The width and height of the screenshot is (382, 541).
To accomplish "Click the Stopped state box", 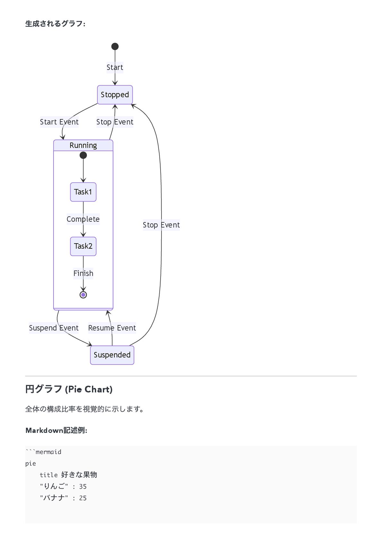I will point(115,95).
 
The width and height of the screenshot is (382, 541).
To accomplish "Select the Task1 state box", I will point(83,192).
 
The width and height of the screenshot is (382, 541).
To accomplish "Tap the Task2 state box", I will point(83,246).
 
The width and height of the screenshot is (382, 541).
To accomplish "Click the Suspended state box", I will point(112,355).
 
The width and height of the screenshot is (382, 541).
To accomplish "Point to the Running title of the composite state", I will point(83,145).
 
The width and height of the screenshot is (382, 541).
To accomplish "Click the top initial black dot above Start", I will point(115,47).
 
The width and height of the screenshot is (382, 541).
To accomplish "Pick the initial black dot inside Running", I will point(83,155).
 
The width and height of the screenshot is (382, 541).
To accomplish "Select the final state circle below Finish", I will point(83,295).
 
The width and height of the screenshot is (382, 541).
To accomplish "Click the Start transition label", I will point(115,67).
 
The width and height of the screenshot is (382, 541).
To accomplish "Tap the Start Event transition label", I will point(59,122).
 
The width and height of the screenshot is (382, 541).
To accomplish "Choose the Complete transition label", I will point(83,219).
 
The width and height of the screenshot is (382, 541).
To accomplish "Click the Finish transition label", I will point(83,273).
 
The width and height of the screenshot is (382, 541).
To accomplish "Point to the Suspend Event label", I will point(54,328).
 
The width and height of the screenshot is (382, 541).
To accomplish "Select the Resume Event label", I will point(112,328).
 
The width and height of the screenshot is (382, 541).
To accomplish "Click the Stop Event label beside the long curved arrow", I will point(161,225).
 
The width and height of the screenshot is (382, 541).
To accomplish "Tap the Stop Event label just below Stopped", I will point(115,122).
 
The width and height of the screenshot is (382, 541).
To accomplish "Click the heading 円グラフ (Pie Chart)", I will point(69,389).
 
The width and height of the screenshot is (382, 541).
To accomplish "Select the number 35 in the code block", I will point(83,486).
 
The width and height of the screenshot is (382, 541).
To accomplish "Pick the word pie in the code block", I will point(30,463).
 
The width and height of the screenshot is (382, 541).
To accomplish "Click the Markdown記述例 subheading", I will point(56,430).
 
